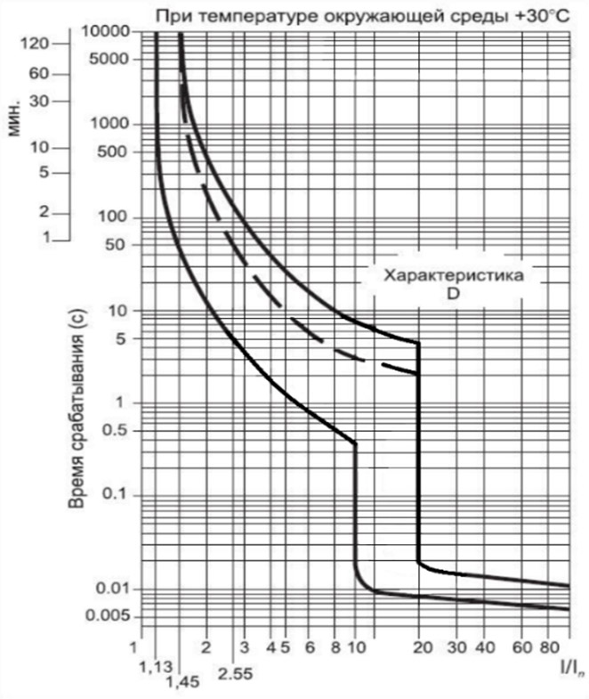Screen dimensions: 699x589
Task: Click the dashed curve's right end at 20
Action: (417, 373)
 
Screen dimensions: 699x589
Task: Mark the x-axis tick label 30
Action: (457, 646)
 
